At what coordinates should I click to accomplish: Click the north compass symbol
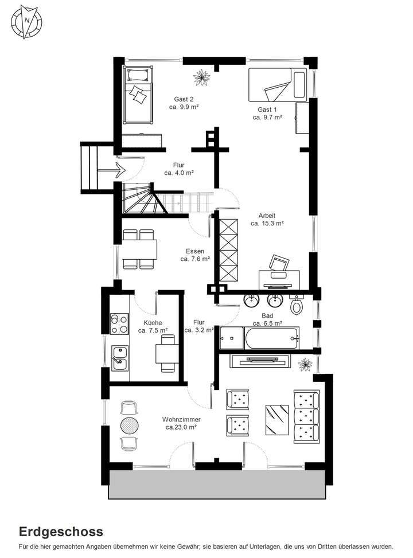[26, 21]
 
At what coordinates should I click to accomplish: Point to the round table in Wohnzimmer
[130, 425]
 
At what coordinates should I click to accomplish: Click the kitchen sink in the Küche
[120, 357]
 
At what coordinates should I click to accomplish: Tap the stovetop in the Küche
[119, 323]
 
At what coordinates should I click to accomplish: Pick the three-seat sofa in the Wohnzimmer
[305, 416]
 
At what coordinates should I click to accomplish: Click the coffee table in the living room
[277, 419]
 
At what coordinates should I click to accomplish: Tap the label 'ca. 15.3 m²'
[267, 224]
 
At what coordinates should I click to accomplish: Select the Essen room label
[194, 251]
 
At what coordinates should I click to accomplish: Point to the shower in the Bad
[231, 337]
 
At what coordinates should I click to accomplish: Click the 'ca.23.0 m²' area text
[181, 427]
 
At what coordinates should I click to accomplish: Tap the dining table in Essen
[139, 249]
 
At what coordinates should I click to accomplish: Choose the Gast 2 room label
[184, 98]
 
